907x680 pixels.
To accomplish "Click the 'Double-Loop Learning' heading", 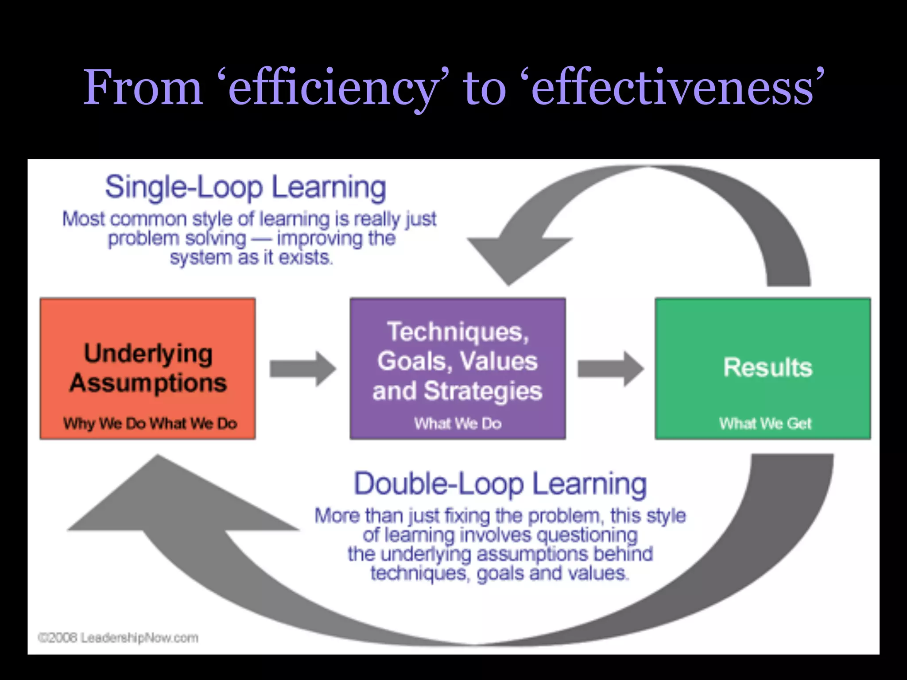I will click(x=500, y=483).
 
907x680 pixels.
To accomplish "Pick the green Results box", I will click(x=763, y=328).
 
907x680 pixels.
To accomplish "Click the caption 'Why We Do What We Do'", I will click(x=150, y=424).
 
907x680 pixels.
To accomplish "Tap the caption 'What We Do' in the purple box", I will click(x=458, y=424).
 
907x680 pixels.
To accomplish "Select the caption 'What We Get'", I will click(x=765, y=424).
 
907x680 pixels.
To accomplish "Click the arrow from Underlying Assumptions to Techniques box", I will click(x=303, y=368).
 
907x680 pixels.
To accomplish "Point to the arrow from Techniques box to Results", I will click(x=610, y=368).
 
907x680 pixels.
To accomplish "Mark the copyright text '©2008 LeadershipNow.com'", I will click(x=118, y=638).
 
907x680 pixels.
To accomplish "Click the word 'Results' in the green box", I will click(x=767, y=367).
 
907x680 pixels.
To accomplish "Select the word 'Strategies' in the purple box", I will click(x=483, y=391).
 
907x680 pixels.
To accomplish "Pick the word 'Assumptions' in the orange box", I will click(x=148, y=383).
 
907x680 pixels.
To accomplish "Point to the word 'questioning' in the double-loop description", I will click(x=587, y=535).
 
